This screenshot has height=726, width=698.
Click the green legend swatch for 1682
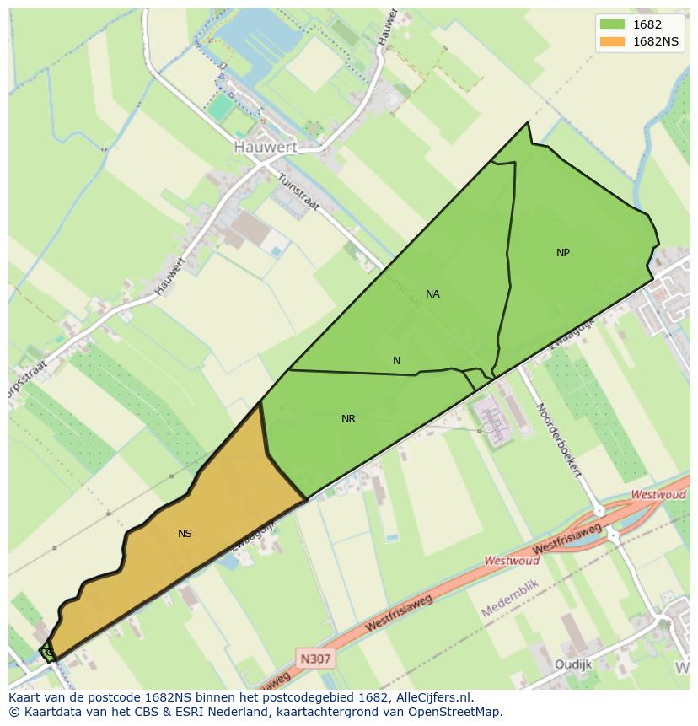tap(613, 24)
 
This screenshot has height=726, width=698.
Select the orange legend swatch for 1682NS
tap(613, 42)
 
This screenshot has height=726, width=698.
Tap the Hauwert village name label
tap(265, 147)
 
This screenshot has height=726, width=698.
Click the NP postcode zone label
tap(563, 253)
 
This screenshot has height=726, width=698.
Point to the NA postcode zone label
tap(432, 294)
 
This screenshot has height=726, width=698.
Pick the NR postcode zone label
tap(348, 419)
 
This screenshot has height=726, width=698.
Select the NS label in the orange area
tap(185, 534)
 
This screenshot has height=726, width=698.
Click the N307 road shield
tap(315, 658)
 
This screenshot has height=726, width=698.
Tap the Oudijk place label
tap(573, 664)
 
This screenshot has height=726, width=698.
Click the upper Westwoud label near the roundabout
tap(658, 495)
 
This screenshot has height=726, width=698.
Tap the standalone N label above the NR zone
tap(396, 361)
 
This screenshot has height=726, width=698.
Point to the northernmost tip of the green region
tap(529, 123)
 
